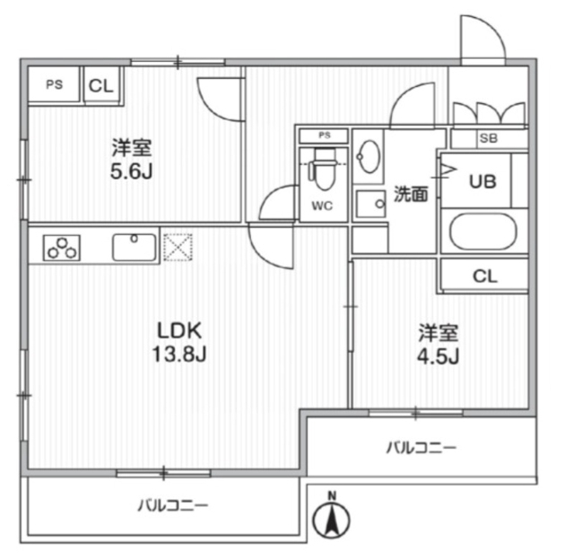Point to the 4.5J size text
(x=439, y=357)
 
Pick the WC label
(x=322, y=206)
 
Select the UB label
(x=483, y=180)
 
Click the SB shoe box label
(x=488, y=138)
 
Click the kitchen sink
(x=135, y=245)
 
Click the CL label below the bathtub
(x=484, y=276)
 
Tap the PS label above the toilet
(x=324, y=136)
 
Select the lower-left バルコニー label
(x=172, y=506)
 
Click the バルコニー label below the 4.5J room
(x=422, y=446)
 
